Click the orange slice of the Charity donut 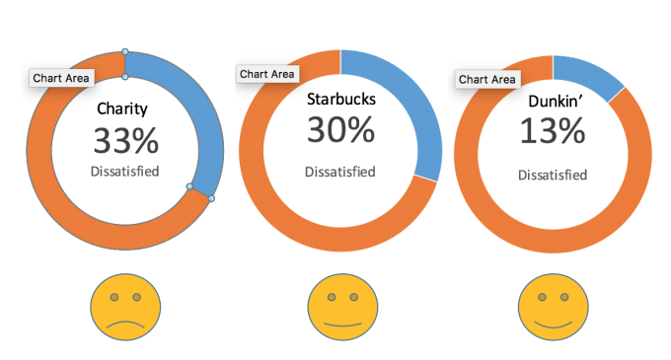(59, 197)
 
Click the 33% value (125, 141)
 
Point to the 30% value (339, 129)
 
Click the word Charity (125, 110)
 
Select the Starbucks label (340, 99)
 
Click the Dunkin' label (553, 101)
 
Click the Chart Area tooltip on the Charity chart (60, 77)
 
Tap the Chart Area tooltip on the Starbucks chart (267, 73)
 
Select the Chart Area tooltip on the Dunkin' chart (486, 79)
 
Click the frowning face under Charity (123, 307)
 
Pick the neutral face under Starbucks (340, 307)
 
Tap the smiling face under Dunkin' (553, 307)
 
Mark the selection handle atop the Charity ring (124, 50)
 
